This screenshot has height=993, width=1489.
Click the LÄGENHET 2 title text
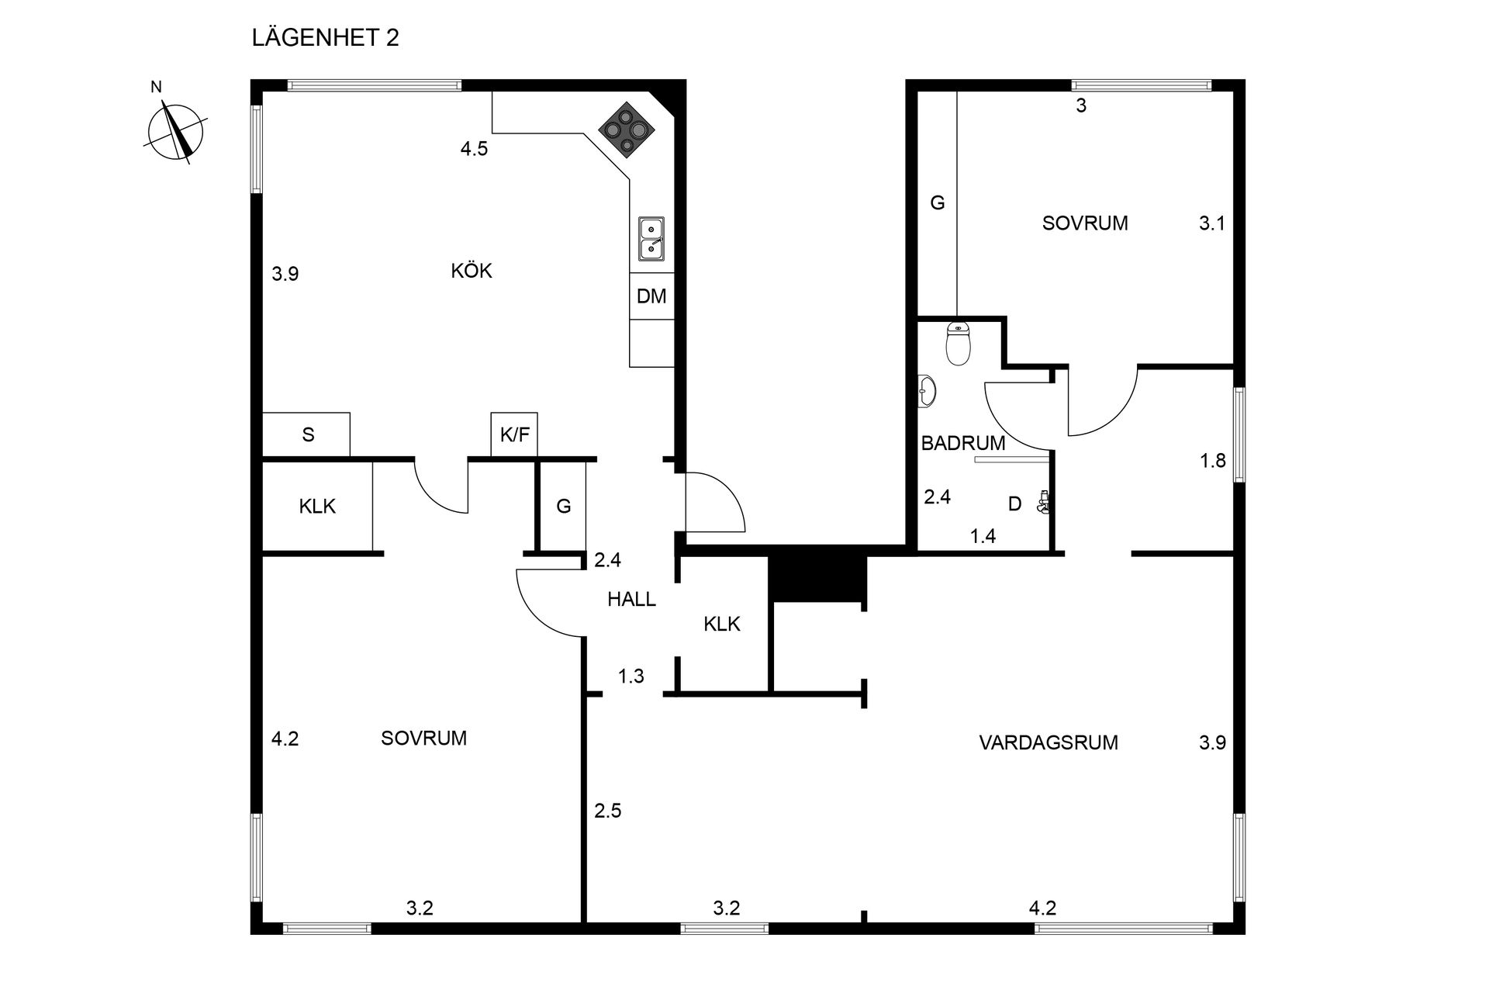[325, 38]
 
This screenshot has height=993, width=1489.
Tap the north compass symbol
[176, 132]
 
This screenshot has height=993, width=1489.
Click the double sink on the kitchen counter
[651, 239]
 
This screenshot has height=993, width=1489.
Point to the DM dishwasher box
[651, 296]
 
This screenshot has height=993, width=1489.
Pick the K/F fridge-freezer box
[514, 434]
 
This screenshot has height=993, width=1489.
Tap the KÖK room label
[472, 271]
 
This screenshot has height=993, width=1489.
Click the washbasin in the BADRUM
[928, 391]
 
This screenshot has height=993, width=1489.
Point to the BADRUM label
[962, 444]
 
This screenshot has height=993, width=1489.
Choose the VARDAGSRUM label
[1048, 743]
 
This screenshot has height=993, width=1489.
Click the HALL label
[631, 599]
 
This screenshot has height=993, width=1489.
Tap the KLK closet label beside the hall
[722, 624]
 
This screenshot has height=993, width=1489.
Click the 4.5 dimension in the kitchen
[474, 149]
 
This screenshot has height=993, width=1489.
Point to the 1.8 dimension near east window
[1212, 461]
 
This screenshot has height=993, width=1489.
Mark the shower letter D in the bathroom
[1014, 504]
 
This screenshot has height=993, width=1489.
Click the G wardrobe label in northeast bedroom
[938, 203]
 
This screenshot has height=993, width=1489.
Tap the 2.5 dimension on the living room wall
[608, 811]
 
